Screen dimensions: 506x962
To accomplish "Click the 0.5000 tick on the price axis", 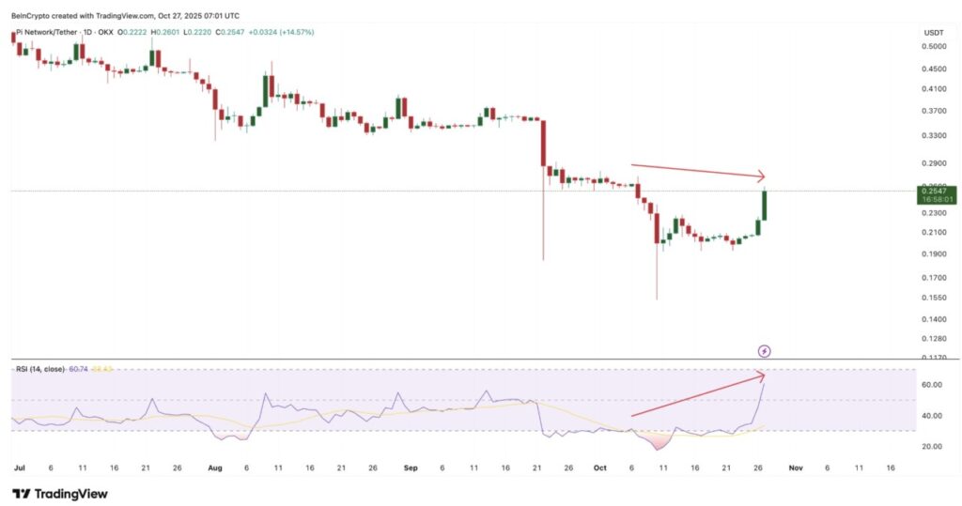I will click(933, 47).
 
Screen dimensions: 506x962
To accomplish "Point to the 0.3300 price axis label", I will click(933, 135).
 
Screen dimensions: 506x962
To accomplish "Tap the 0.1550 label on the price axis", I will click(933, 298).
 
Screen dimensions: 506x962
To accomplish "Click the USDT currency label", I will click(933, 32).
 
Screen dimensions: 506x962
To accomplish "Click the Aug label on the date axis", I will click(214, 466).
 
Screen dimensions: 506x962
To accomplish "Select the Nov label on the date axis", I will click(795, 466).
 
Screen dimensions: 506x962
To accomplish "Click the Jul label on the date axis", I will click(19, 466).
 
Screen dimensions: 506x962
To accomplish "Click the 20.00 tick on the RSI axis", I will click(933, 446).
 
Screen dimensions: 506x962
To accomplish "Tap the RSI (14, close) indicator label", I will click(40, 369).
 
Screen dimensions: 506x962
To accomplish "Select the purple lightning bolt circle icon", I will click(765, 351).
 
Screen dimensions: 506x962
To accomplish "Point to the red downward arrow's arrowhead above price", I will click(762, 176).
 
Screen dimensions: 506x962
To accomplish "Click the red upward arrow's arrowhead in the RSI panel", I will click(762, 376).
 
